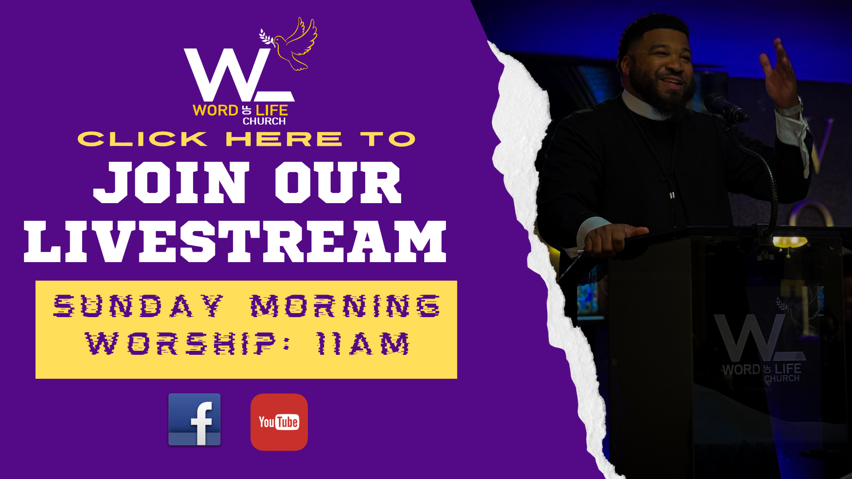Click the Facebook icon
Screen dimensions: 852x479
[x=194, y=419]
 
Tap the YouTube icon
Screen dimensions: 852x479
[x=279, y=422]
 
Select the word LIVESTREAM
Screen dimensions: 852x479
[x=235, y=242]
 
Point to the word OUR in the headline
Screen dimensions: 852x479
[x=338, y=182]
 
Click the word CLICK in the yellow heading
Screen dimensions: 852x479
[x=142, y=139]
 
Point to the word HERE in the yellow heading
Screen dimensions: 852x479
[x=284, y=139]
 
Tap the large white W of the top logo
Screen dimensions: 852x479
[x=229, y=75]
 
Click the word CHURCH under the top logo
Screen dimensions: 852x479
[x=264, y=121]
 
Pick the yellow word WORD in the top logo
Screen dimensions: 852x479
[x=216, y=110]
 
